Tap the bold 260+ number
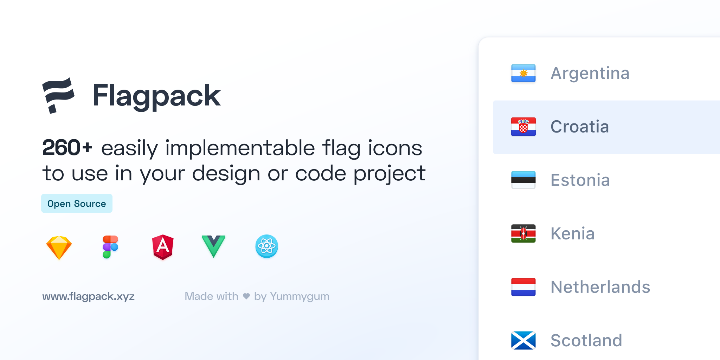67,148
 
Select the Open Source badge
77,203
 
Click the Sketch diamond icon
59,247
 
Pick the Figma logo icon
110,247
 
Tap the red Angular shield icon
163,247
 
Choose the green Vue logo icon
213,246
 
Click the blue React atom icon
266,246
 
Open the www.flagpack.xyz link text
88,296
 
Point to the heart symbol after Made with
246,296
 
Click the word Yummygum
300,297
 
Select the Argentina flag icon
523,73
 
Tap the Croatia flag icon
523,127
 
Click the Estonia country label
580,180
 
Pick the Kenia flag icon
523,233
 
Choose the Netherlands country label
600,287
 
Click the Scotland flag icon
523,340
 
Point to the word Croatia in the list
580,127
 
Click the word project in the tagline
390,174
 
